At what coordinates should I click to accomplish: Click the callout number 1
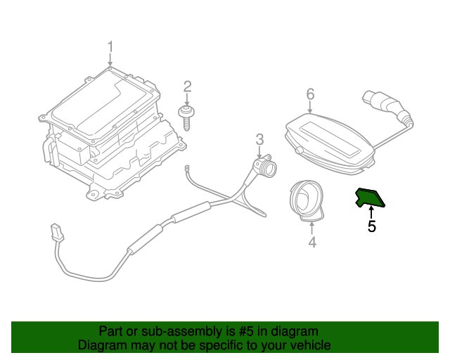(110, 47)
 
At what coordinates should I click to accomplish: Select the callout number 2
(188, 86)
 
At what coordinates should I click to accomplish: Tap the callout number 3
(259, 139)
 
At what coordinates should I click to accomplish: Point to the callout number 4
(311, 243)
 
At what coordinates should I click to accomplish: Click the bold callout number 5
(371, 226)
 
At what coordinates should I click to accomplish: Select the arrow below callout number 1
(110, 61)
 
